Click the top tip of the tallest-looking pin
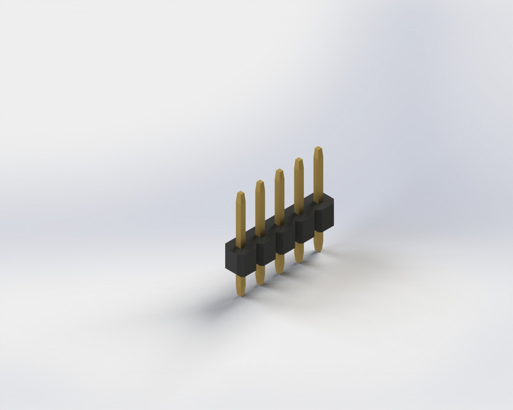(317, 149)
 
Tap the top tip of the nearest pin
(240, 194)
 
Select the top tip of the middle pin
(279, 172)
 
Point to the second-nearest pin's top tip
(260, 183)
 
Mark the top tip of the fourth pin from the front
(298, 161)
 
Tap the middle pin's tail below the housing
(280, 263)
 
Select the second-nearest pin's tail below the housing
(260, 274)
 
